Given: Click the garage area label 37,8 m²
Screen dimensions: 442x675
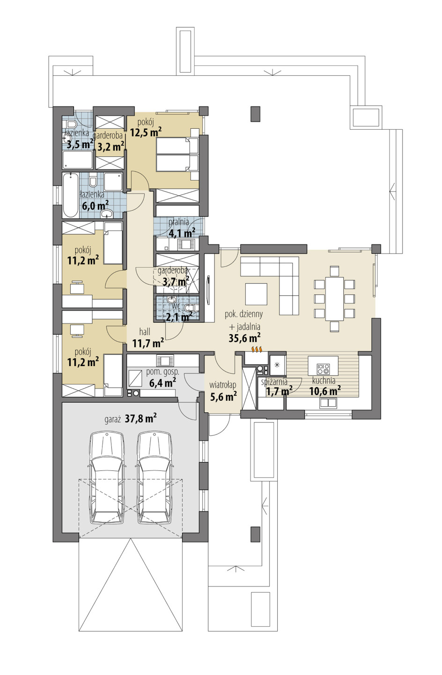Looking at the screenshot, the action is [x=140, y=418].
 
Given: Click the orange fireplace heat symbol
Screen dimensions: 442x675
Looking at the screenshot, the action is [x=257, y=349].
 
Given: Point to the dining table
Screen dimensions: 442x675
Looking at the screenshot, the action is [x=334, y=299].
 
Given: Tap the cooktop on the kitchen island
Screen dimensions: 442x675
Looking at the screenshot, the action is [x=323, y=369].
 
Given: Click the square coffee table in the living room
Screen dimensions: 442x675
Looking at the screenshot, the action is [x=256, y=294].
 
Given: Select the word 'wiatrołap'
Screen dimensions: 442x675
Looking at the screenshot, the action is [x=222, y=385].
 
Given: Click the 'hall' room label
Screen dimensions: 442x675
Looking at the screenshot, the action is [x=145, y=332].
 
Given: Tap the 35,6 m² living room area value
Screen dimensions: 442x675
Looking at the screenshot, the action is [x=244, y=338].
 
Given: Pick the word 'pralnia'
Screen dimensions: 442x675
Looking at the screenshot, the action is [x=179, y=222].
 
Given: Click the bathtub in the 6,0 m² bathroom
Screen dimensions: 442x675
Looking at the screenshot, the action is [x=71, y=195].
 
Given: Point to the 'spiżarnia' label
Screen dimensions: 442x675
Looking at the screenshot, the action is [x=274, y=382].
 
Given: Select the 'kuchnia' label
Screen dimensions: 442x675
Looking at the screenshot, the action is [x=324, y=381].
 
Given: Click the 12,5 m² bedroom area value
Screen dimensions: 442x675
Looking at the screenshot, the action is [x=146, y=132].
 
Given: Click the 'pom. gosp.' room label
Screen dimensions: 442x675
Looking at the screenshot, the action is [x=162, y=372].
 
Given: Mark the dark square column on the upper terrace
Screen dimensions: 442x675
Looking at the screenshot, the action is [x=255, y=114].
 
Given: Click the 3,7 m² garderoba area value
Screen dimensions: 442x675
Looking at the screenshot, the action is [x=176, y=282].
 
